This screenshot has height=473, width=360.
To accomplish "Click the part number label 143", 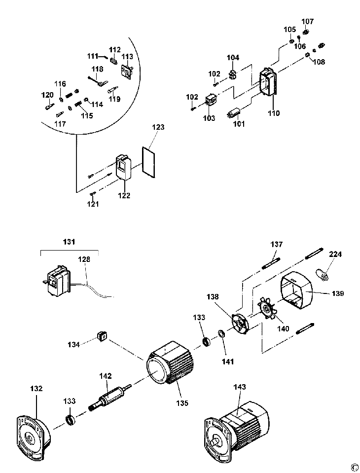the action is (x=239, y=387).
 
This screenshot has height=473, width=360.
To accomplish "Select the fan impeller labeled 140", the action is (x=267, y=308).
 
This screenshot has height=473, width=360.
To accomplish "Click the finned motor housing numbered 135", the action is (x=170, y=363).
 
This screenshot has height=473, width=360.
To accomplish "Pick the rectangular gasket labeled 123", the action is (x=149, y=163).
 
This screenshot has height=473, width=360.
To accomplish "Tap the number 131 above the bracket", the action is (x=69, y=242).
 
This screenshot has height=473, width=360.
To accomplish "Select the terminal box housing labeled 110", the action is (x=268, y=82).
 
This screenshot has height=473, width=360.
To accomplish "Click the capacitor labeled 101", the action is (x=234, y=113).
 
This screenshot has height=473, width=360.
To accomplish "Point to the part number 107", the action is (x=308, y=21).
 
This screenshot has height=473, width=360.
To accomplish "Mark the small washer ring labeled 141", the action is (x=221, y=333).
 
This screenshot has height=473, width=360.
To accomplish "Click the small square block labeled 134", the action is (x=102, y=335).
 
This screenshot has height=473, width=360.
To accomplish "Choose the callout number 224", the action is (x=335, y=255).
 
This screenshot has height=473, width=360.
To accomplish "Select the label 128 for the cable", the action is (x=84, y=259).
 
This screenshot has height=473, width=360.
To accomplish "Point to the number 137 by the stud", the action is (x=277, y=244).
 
